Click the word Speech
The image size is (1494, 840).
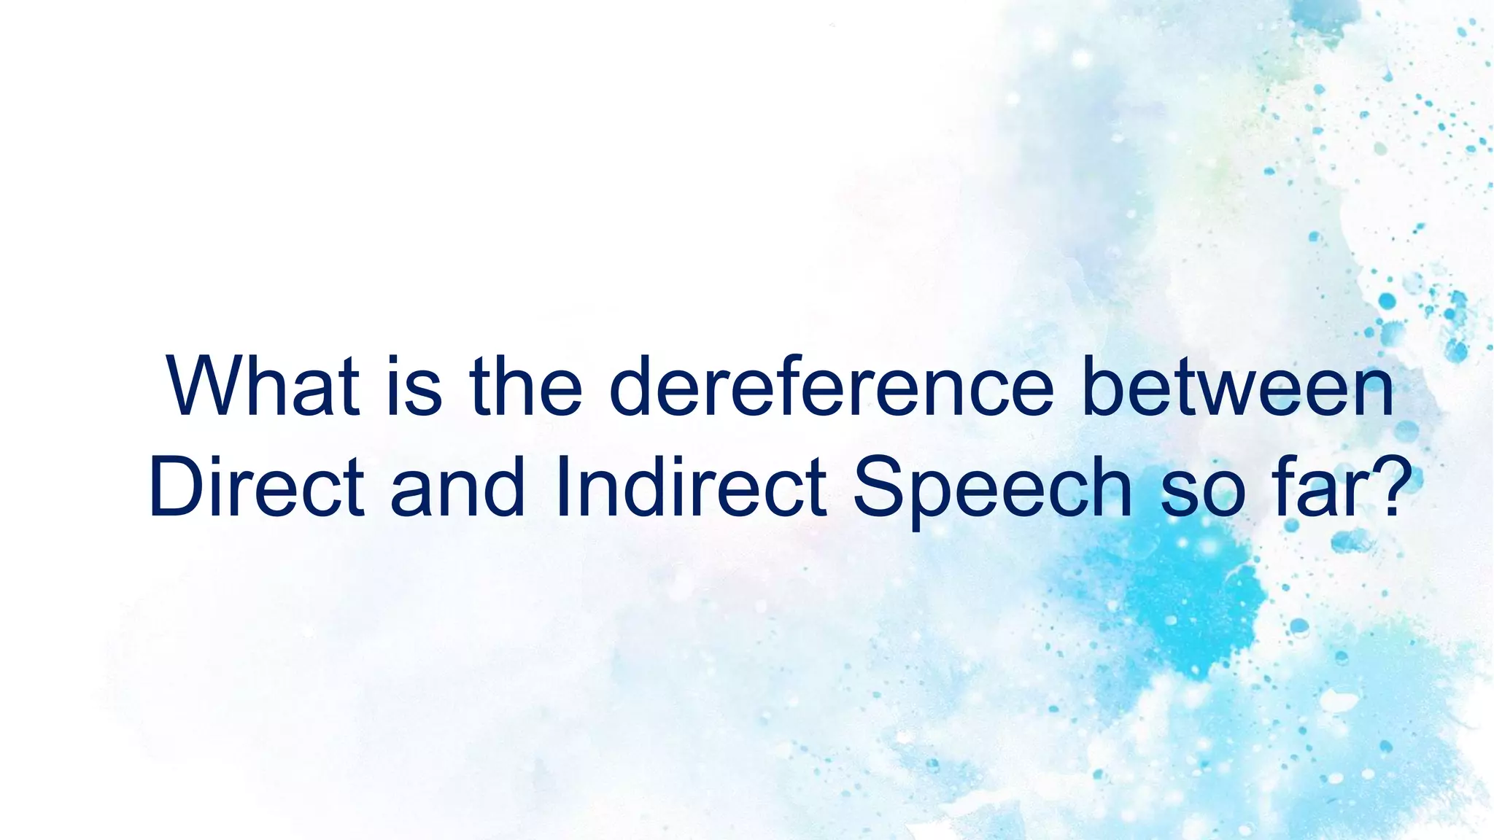993,487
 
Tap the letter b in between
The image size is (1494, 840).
1103,386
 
